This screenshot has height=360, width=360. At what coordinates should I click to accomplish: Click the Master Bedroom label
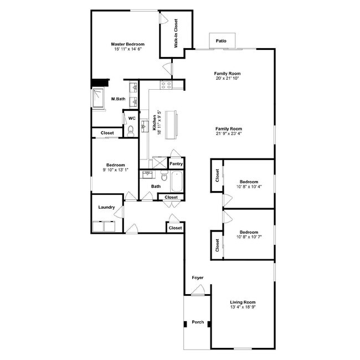point(127,44)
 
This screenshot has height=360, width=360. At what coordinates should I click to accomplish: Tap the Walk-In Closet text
point(176,34)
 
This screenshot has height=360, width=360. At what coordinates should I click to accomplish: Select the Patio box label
point(222,40)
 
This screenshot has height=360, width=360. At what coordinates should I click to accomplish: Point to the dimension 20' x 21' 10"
point(228,78)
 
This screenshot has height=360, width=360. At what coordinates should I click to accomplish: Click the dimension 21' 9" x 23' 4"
point(229,133)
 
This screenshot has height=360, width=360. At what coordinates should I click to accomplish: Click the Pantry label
point(176,164)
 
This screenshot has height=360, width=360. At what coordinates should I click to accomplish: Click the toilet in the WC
point(131,131)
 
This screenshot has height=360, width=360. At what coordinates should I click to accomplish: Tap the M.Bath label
point(117,99)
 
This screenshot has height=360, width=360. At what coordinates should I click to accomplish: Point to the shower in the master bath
point(100,99)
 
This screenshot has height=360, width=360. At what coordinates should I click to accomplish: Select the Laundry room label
point(106,208)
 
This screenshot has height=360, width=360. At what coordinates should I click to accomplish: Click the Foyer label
point(197,277)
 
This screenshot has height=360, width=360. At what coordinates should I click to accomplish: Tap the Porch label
point(197,322)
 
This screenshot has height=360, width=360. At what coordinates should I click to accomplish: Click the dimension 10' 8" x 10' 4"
point(249,187)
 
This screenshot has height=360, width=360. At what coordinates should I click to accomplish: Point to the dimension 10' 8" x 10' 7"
point(249,236)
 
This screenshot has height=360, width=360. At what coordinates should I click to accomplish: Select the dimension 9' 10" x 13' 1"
point(115,170)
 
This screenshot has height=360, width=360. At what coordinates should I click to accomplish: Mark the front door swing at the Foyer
point(198,289)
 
